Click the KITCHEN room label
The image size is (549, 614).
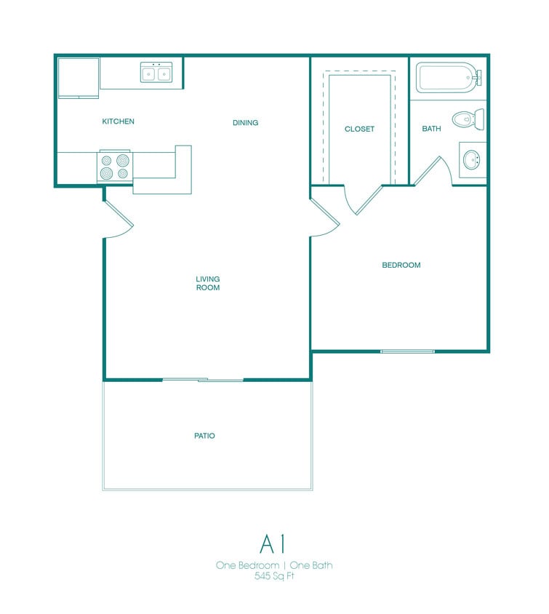click(x=118, y=121)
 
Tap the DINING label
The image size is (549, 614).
click(x=245, y=123)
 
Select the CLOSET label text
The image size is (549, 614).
click(x=359, y=129)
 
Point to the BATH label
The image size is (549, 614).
click(x=431, y=129)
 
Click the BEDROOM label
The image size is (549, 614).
click(x=401, y=266)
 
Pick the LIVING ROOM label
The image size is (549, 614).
click(x=208, y=283)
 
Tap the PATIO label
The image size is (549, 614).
click(x=204, y=436)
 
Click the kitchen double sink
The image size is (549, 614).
click(x=156, y=73)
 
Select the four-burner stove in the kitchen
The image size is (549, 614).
click(x=115, y=167)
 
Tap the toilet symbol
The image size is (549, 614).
click(x=466, y=118)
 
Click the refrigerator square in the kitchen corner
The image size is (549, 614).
click(x=78, y=77)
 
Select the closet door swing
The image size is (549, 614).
click(x=360, y=200)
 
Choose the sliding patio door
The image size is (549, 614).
click(x=203, y=379)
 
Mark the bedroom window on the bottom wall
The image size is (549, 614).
click(x=407, y=351)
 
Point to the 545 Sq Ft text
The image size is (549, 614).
click(x=274, y=576)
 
